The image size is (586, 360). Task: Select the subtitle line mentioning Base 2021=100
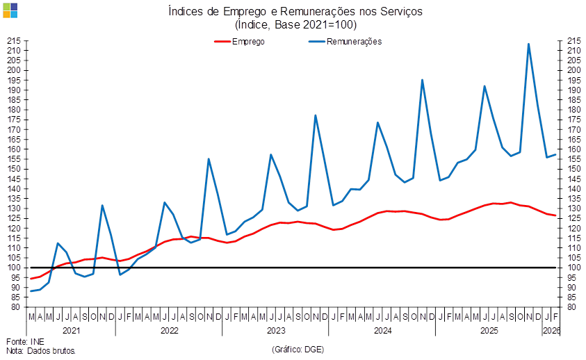[x=296, y=25]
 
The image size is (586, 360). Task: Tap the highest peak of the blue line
[x=529, y=44]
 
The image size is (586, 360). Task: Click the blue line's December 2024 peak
[x=422, y=80]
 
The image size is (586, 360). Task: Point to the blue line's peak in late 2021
[x=102, y=206]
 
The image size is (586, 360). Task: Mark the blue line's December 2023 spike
[x=316, y=116]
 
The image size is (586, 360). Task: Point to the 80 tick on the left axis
[x=14, y=306]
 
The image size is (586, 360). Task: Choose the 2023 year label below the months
[x=277, y=330]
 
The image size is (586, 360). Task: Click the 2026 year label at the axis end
[x=551, y=330]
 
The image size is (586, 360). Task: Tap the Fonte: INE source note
[x=26, y=341]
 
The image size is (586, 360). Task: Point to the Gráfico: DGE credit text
[x=298, y=348]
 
